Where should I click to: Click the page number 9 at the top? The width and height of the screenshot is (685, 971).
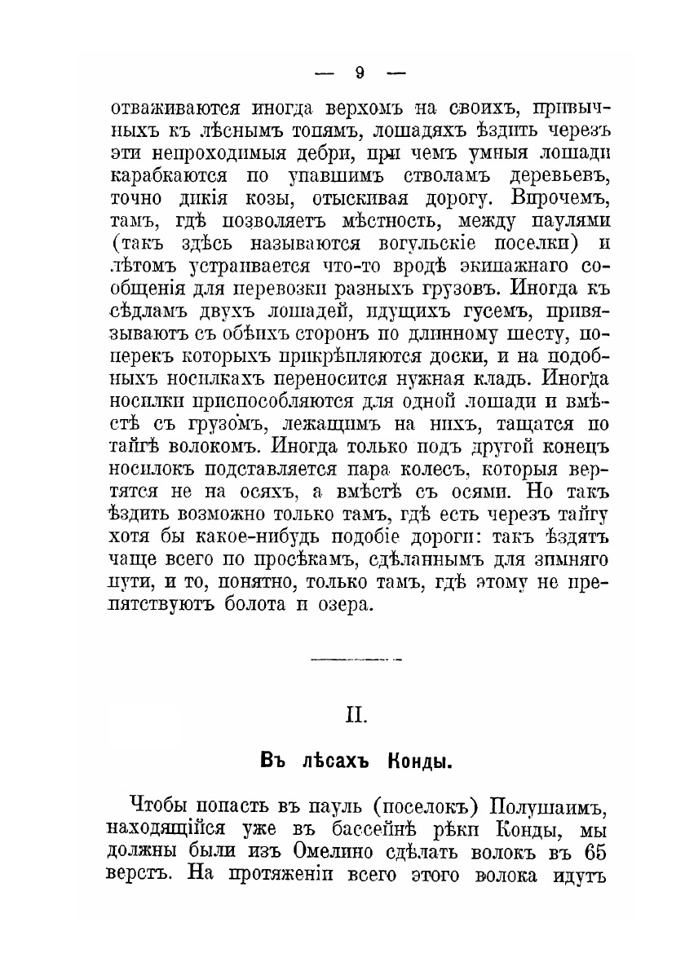[x=359, y=73]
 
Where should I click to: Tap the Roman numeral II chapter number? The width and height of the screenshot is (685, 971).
[x=357, y=715]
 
